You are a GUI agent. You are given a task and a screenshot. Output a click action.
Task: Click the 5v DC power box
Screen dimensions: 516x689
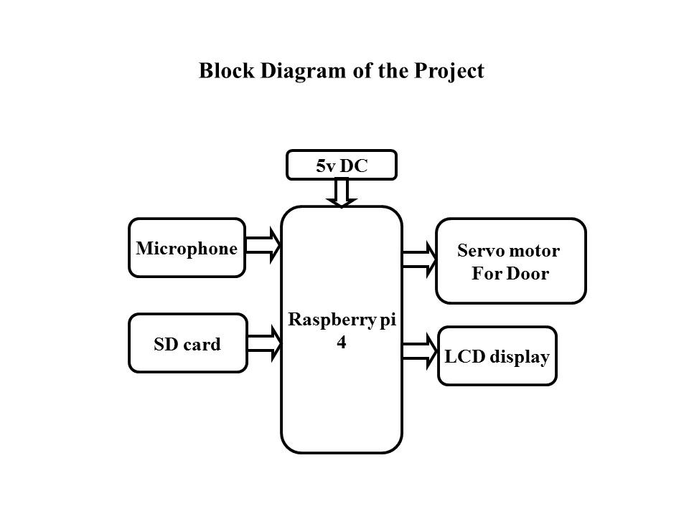(342, 165)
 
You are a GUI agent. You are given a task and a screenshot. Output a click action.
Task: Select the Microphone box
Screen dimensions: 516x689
(187, 248)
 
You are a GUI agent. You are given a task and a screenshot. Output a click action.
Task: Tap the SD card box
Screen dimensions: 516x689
(187, 343)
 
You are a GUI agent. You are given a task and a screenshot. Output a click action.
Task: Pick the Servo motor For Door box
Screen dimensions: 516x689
(510, 261)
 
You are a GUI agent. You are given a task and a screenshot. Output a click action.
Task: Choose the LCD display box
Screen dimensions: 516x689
(497, 356)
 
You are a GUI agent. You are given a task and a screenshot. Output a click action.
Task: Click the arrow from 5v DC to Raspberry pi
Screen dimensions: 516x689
(342, 192)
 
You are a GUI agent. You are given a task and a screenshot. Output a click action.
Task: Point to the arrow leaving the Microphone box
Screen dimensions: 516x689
(263, 246)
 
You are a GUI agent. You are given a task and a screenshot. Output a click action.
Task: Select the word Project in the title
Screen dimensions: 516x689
(448, 72)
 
